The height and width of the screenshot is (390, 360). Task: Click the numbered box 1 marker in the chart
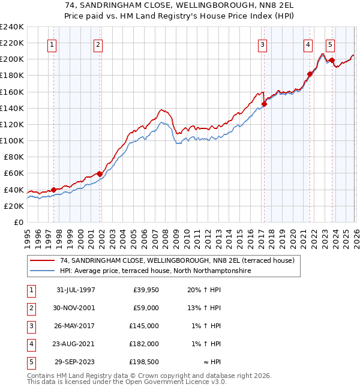click(x=52, y=44)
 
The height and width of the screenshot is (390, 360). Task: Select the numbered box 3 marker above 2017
click(x=263, y=44)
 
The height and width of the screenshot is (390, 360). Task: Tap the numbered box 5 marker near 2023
click(x=331, y=44)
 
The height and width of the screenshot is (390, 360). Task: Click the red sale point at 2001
click(x=100, y=174)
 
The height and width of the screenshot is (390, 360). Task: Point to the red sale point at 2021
click(x=310, y=74)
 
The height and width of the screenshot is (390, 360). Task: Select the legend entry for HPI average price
click(x=155, y=271)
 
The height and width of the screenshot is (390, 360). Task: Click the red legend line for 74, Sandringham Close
click(x=43, y=261)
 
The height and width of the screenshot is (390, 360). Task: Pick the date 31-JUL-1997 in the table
click(x=75, y=290)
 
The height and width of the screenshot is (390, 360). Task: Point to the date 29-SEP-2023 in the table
click(x=75, y=362)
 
